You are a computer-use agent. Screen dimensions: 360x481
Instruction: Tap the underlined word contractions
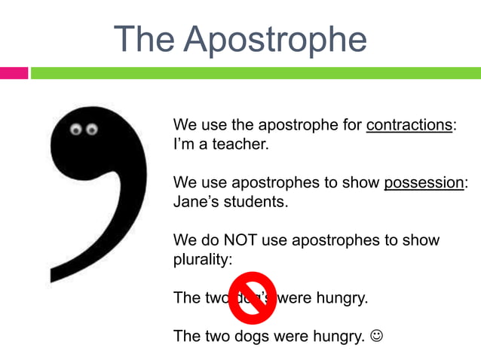pos(409,125)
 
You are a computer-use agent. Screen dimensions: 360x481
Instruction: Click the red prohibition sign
pos(252,297)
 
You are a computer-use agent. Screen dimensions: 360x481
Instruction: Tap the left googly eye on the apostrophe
pos(76,130)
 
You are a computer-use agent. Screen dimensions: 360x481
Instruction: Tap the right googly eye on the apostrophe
pos(92,130)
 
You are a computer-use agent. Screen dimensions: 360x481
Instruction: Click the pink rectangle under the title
pos(14,73)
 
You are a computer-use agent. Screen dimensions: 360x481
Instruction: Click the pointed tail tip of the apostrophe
pos(53,280)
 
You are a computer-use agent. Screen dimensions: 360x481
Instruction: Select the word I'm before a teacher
pos(183,143)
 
